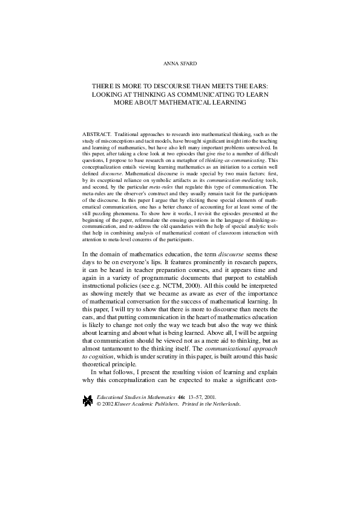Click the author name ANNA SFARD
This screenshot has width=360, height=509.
click(180, 63)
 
